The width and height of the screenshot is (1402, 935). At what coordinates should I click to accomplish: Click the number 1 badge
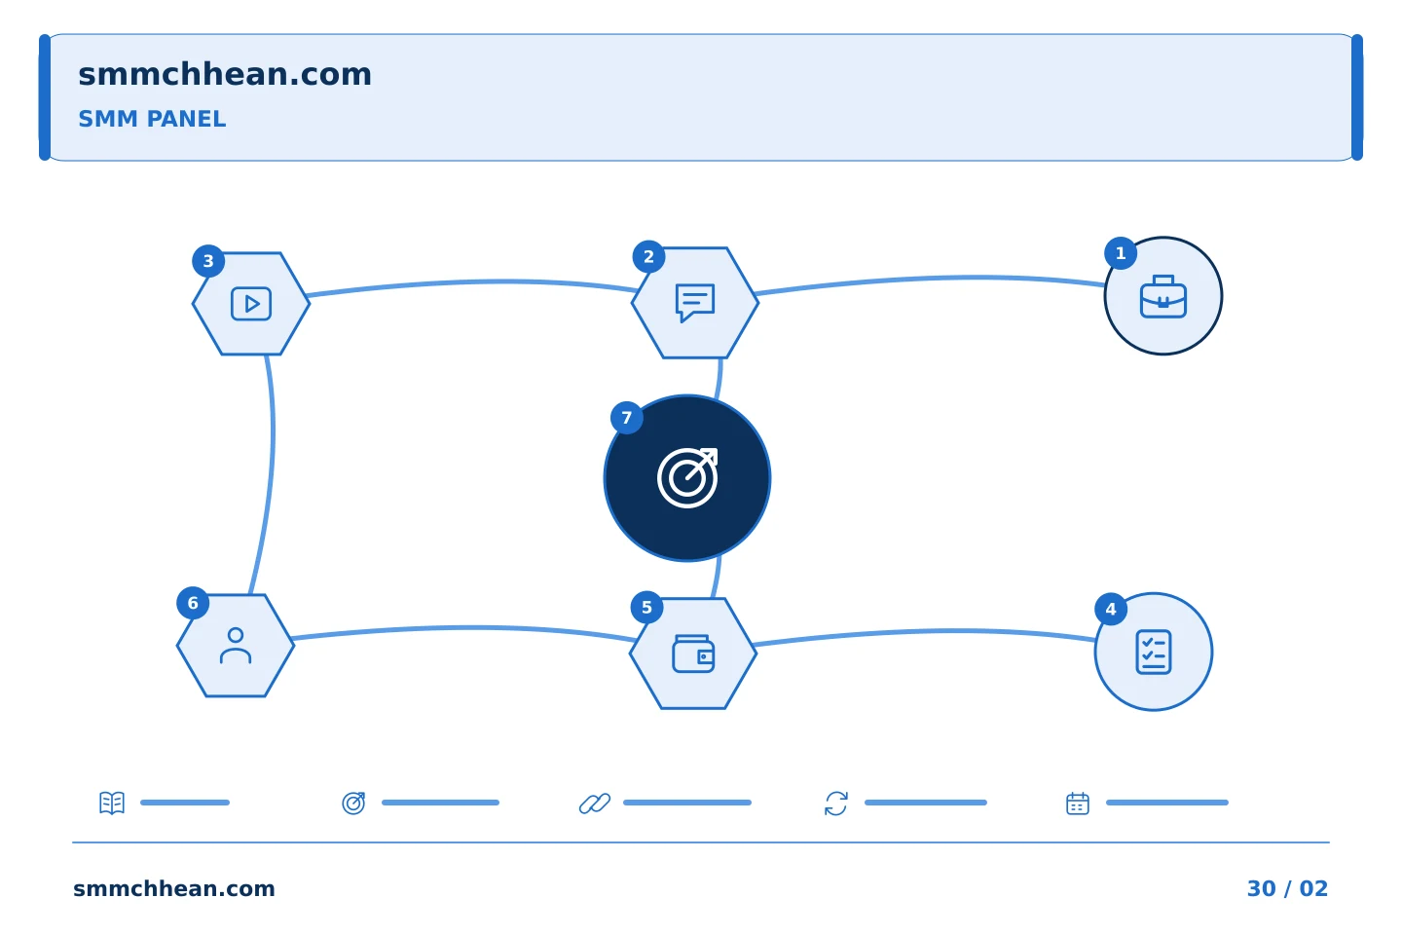(1121, 253)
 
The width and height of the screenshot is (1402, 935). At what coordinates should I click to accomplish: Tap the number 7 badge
(627, 418)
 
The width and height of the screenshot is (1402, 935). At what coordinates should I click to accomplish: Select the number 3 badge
(208, 261)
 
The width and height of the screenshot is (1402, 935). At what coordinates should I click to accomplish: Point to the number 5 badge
(646, 608)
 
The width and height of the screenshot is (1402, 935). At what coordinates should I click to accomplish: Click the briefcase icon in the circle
(1162, 297)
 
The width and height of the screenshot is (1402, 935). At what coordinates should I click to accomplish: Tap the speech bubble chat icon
(695, 303)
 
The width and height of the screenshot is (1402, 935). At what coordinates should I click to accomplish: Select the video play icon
(251, 304)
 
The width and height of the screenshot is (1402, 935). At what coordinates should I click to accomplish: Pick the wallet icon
(693, 654)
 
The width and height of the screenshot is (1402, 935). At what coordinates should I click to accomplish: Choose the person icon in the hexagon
(236, 646)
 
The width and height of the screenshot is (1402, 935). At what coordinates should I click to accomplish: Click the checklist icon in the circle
(1154, 652)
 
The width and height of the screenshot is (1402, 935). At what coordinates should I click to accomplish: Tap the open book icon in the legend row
(112, 803)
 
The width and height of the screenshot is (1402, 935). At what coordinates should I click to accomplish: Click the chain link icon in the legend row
(595, 804)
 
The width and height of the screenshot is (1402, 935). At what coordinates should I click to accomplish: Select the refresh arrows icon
(836, 804)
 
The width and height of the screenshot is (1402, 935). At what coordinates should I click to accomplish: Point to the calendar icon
(1078, 804)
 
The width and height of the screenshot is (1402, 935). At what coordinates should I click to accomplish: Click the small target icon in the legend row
(353, 803)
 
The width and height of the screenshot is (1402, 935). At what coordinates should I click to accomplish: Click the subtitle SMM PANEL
(152, 119)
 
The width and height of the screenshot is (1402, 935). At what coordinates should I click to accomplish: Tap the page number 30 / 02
(1287, 888)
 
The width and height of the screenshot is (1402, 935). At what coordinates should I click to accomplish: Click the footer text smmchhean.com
(174, 888)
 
